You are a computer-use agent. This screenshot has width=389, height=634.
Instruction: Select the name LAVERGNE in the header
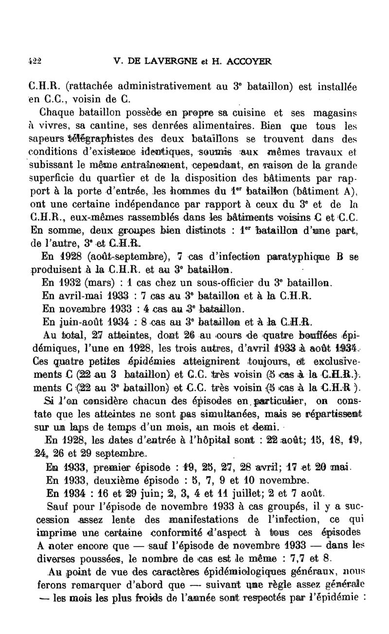click(165, 61)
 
